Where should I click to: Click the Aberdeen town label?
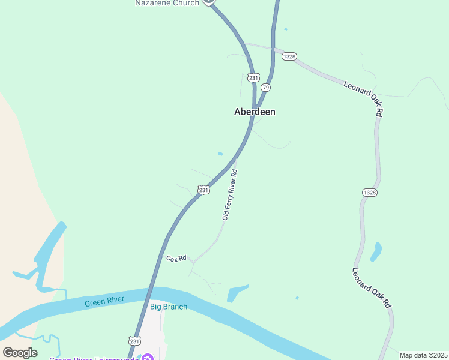255,112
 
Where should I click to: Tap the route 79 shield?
266,88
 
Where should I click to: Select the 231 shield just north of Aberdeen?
253,77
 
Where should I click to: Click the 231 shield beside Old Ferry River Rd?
204,190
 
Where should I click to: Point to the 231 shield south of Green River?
134,340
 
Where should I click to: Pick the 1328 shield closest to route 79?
289,56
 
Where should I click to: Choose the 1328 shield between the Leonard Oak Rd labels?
370,192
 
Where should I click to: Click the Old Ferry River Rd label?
230,194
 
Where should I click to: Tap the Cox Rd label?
176,259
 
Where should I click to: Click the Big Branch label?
169,307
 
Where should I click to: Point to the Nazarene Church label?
167,3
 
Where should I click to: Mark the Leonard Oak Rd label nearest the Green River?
372,288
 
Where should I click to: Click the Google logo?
20,353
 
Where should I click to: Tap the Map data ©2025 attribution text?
423,355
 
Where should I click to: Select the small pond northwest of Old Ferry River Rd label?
220,154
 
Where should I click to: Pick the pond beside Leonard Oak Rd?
376,251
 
